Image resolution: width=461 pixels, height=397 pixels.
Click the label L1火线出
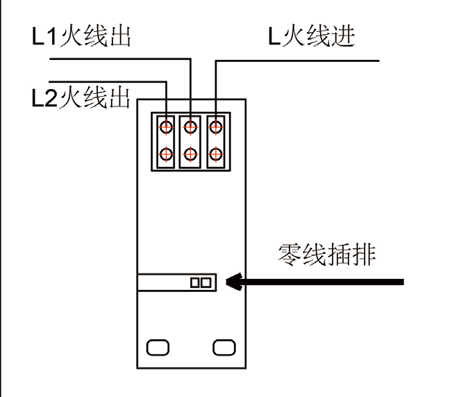click(x=81, y=36)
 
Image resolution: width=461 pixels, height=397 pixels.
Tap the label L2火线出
click(x=81, y=98)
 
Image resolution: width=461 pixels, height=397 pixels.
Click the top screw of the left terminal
click(x=167, y=127)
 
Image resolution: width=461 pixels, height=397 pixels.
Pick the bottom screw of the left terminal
click(x=167, y=154)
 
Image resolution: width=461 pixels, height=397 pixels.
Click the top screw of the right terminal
click(x=215, y=127)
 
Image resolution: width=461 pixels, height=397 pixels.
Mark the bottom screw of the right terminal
click(x=215, y=154)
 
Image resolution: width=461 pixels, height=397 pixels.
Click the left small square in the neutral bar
click(x=195, y=282)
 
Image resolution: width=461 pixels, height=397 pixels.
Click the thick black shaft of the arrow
click(x=326, y=282)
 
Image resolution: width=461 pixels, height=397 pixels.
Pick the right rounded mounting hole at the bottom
click(x=224, y=347)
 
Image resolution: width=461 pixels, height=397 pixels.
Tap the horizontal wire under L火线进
click(x=299, y=61)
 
